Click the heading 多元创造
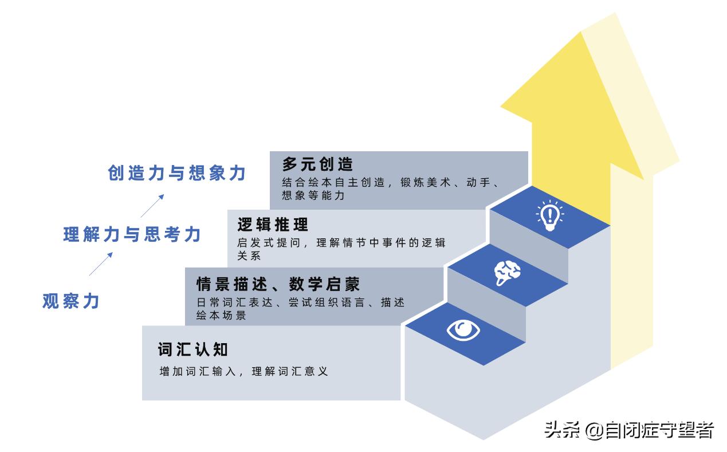(317, 164)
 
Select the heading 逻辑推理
(273, 224)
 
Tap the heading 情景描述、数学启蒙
(278, 284)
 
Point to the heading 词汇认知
(193, 349)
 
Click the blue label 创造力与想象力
(177, 173)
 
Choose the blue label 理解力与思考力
(132, 234)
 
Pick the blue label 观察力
(71, 301)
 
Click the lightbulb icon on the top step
(549, 216)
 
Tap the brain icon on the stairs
(507, 273)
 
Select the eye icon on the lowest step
(463, 331)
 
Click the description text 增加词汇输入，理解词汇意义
(243, 371)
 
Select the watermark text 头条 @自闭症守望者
(630, 430)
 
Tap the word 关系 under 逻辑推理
(249, 256)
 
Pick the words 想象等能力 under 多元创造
(313, 196)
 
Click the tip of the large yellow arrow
(582, 33)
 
